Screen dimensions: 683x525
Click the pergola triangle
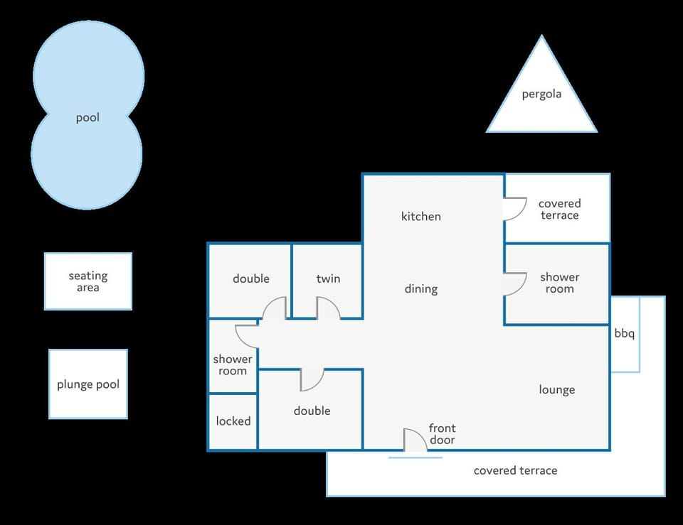tap(541, 94)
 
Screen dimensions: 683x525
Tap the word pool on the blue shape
tap(88, 118)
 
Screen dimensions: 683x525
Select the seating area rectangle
tap(88, 281)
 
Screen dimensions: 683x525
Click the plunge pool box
tap(88, 384)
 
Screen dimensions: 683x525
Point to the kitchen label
tap(420, 216)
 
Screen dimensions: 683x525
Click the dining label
tap(420, 289)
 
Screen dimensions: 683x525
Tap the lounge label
tap(556, 390)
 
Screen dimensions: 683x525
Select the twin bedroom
tap(327, 281)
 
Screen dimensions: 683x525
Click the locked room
tap(233, 421)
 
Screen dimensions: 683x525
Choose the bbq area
tap(625, 334)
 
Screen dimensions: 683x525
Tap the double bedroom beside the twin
tap(250, 281)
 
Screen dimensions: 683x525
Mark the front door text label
tap(442, 434)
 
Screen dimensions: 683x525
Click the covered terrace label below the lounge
tap(515, 470)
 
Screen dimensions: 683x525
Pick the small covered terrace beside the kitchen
tap(557, 208)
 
